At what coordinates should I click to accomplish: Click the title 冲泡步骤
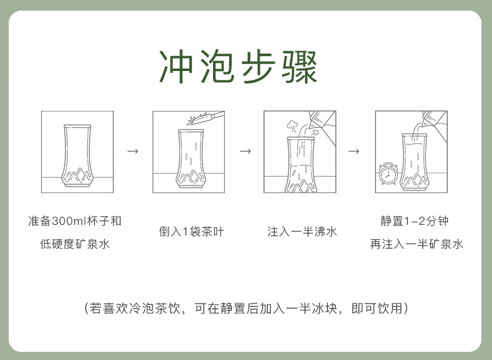(238, 67)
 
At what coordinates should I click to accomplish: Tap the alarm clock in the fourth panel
(388, 174)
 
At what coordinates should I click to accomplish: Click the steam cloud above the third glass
(293, 126)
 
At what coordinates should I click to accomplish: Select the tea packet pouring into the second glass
(206, 118)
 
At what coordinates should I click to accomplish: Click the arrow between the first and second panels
(133, 151)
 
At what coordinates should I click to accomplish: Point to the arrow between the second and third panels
(245, 151)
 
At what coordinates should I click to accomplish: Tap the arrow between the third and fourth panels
(354, 151)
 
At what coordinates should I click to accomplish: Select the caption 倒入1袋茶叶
(191, 232)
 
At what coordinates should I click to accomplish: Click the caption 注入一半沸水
(302, 232)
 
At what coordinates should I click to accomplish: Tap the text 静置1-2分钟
(415, 221)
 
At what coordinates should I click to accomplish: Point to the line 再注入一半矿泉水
(417, 244)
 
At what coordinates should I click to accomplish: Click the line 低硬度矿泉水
(75, 244)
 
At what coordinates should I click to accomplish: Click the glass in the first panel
(77, 156)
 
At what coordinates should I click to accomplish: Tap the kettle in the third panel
(322, 126)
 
